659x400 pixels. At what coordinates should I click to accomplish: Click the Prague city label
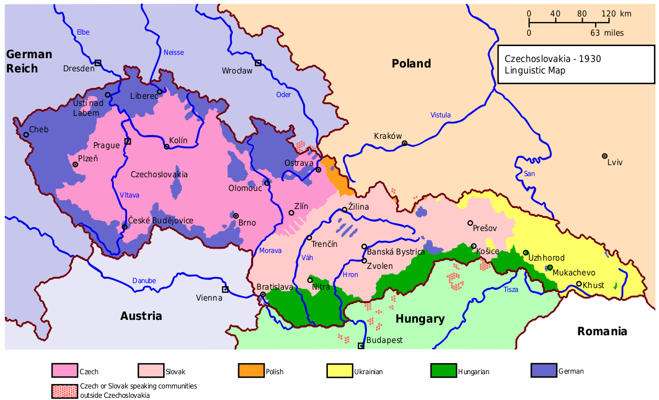tap(106, 145)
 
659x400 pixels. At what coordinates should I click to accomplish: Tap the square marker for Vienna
tap(225, 289)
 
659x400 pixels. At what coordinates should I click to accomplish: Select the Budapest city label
tap(384, 340)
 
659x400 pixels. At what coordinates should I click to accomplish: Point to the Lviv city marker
tap(605, 156)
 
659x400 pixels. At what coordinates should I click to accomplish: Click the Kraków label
tap(388, 136)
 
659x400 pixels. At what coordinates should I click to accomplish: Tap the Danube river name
tap(144, 281)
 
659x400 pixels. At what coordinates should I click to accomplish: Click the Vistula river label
tap(440, 115)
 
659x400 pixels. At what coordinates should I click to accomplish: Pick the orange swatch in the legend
tap(251, 370)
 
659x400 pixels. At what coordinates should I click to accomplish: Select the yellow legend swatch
tap(340, 370)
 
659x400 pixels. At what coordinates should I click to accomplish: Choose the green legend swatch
tap(443, 370)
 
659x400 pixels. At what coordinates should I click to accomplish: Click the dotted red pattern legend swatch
tap(65, 391)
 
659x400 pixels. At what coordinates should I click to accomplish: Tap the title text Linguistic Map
tap(535, 70)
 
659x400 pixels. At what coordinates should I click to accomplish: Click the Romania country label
tap(602, 331)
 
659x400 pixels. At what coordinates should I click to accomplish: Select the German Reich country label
tap(29, 61)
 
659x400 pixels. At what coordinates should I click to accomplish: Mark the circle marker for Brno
tap(236, 216)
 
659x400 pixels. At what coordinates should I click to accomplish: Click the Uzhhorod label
tap(546, 258)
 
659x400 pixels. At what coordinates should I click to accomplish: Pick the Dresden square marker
tap(98, 63)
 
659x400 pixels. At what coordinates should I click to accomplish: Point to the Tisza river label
tap(511, 289)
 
